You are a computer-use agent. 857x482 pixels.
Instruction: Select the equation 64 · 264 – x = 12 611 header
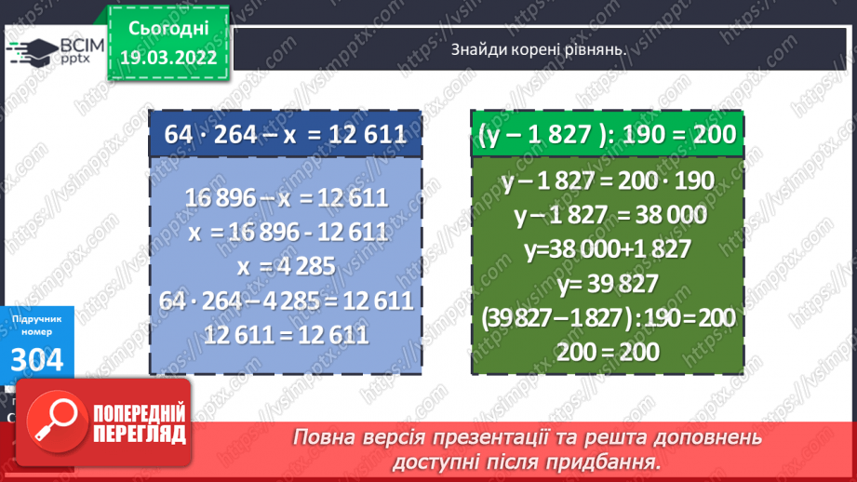pyautogui.click(x=285, y=135)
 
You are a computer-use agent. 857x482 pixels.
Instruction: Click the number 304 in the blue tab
pyautogui.click(x=37, y=358)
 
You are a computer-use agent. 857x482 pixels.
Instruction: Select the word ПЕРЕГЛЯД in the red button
pyautogui.click(x=139, y=434)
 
